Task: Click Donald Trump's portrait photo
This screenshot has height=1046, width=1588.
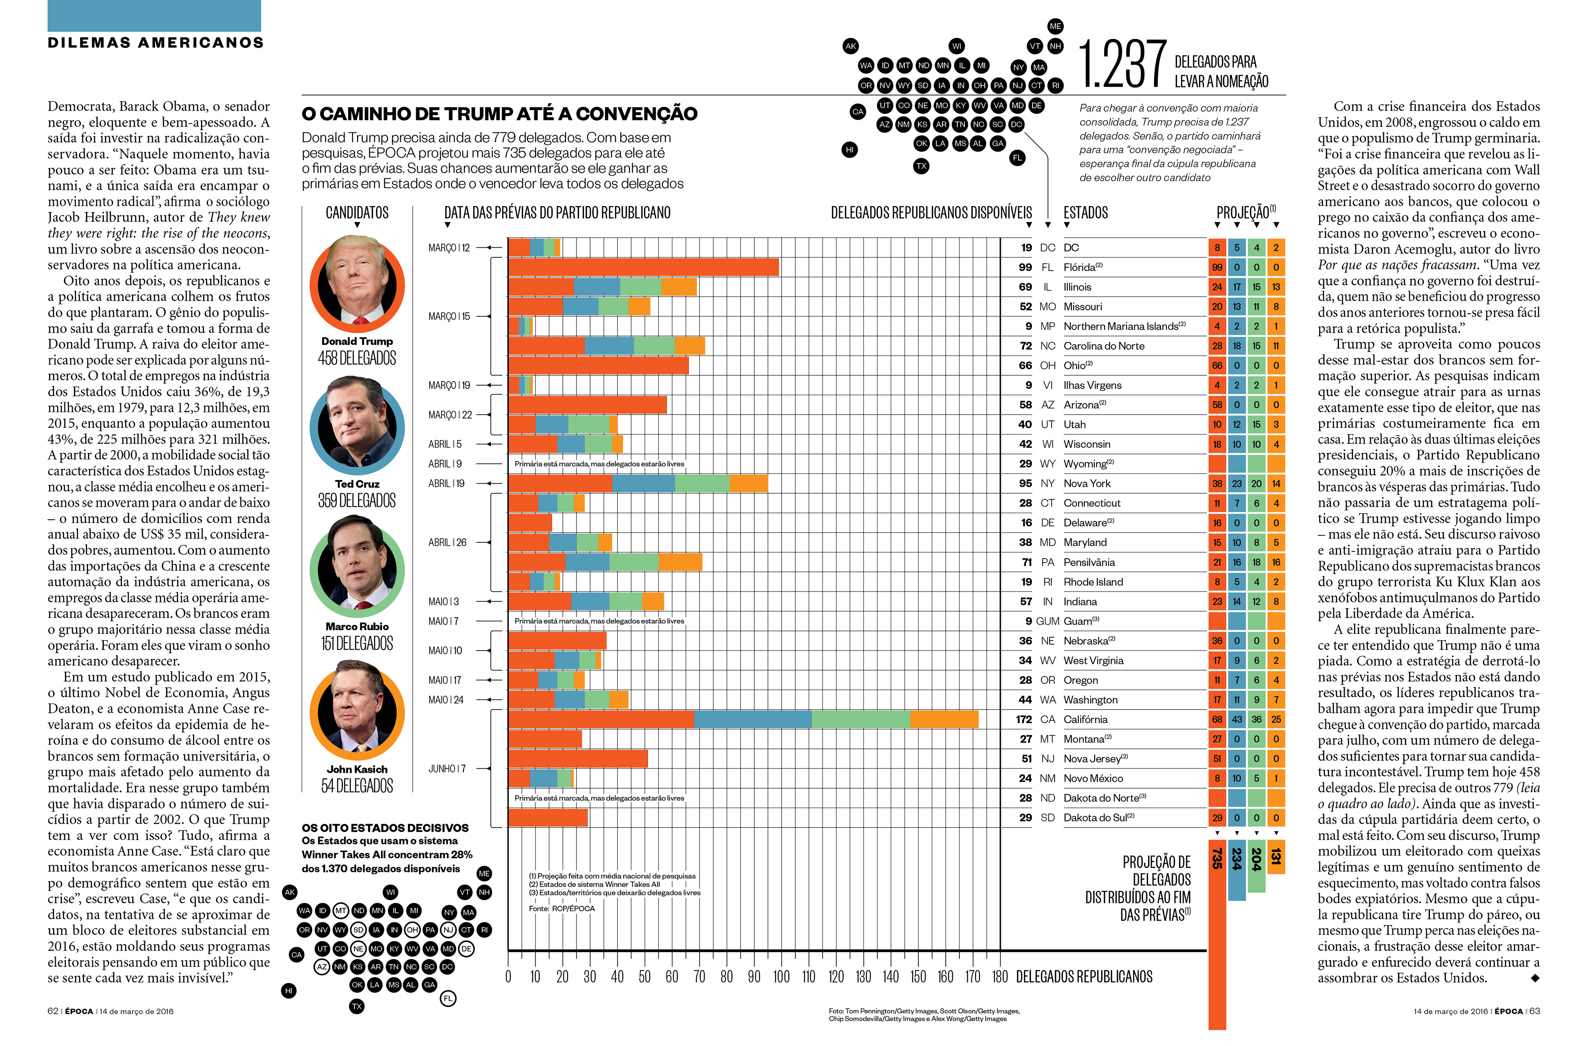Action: point(357,284)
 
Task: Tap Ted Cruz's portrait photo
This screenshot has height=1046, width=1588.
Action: point(357,425)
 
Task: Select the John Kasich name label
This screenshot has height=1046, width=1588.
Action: point(357,769)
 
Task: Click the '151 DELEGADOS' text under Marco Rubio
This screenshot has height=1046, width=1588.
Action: point(357,643)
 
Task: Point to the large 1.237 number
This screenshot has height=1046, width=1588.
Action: point(1122,65)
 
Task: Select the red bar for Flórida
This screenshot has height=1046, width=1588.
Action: point(643,267)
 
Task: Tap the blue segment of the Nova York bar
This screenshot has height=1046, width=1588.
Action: point(643,483)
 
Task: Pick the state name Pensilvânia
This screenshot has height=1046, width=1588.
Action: point(1089,562)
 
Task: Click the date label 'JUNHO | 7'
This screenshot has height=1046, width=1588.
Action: point(447,769)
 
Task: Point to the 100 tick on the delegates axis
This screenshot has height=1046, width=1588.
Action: point(781,976)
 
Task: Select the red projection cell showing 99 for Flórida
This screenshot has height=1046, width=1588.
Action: point(1217,267)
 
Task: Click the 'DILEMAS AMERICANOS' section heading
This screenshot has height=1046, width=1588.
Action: point(155,43)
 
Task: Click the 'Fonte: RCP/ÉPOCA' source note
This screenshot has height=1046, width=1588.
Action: point(562,909)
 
